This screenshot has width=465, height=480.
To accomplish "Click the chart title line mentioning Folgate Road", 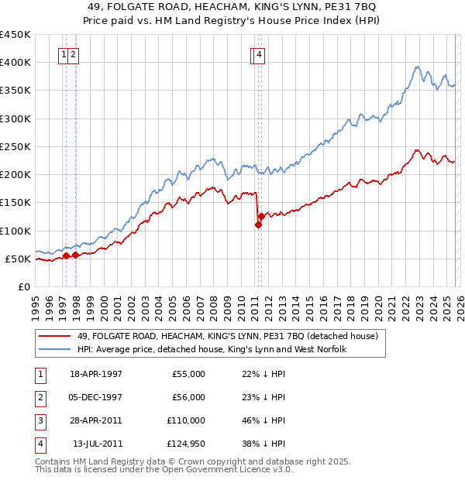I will (x=232, y=7).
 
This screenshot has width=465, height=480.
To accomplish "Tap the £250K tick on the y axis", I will (x=16, y=146).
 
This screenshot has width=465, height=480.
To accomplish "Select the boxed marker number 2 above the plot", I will (x=72, y=55).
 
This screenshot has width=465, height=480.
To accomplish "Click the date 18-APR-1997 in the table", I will (x=96, y=374).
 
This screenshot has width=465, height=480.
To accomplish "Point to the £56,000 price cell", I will (x=188, y=397).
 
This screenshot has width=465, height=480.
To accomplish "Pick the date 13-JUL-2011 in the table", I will (x=97, y=444).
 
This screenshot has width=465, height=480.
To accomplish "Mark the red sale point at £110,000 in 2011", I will (x=258, y=225).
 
